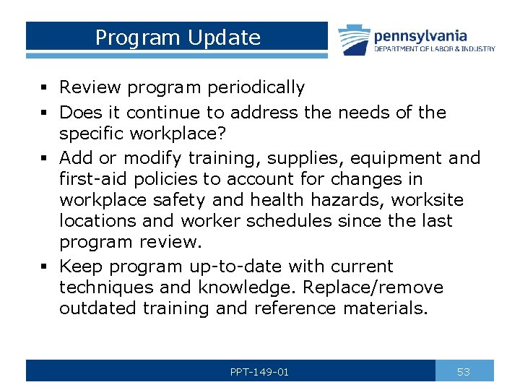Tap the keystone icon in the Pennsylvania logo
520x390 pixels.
(354, 40)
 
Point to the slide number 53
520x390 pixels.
(464, 372)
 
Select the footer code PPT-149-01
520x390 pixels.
(259, 372)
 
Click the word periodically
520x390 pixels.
(256, 88)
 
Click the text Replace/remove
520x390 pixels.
(373, 287)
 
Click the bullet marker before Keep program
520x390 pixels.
(45, 266)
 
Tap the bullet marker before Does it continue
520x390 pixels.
(45, 113)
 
